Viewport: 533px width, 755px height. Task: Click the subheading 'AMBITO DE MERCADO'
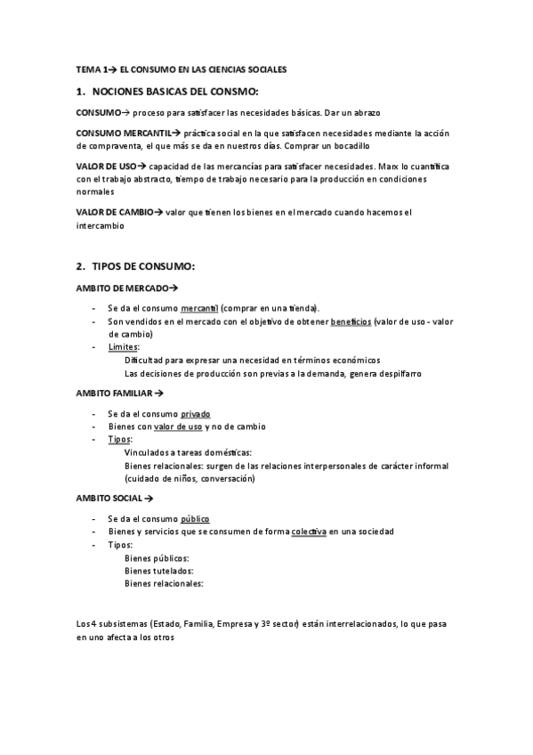[124, 288]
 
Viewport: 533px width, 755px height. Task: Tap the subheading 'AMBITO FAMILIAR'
[116, 392]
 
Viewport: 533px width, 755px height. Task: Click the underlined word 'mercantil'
[199, 308]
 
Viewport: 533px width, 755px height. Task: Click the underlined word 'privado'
[196, 414]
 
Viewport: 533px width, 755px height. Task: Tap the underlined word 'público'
[195, 519]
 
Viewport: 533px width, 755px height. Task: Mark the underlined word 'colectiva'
[309, 532]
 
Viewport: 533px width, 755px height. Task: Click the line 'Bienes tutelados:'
[158, 571]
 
